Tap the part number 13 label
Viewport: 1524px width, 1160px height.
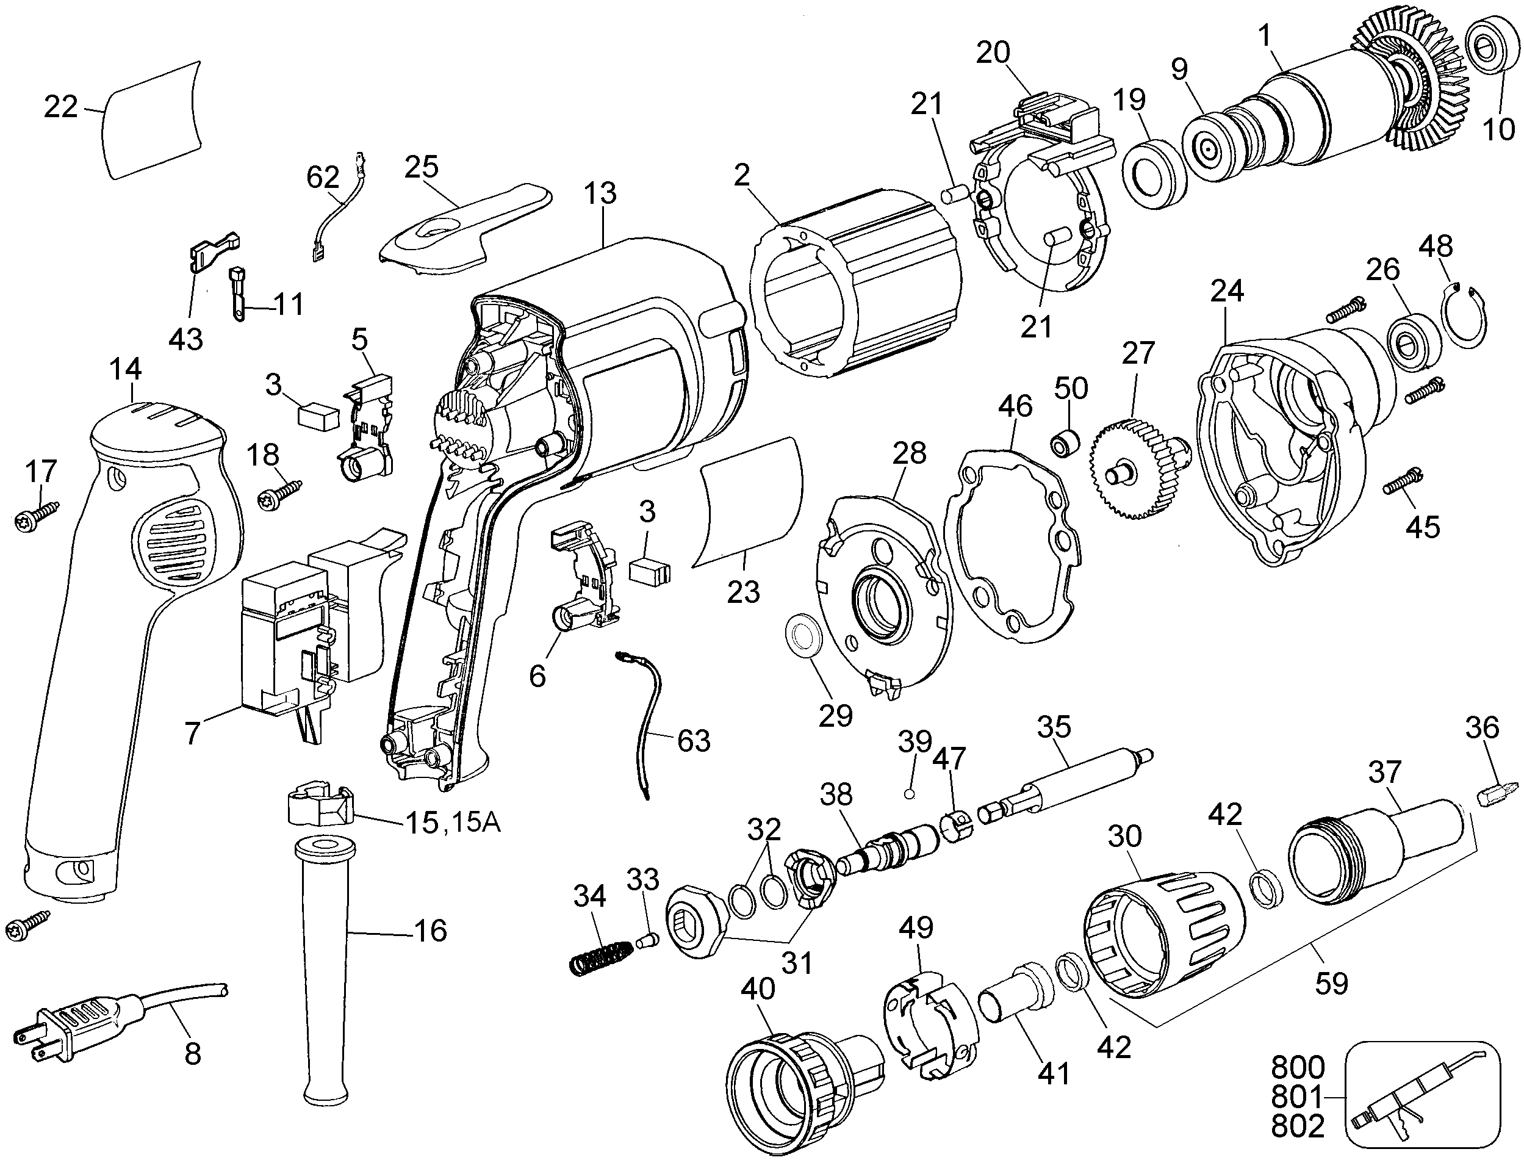tap(600, 193)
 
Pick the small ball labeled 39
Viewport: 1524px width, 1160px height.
tap(910, 794)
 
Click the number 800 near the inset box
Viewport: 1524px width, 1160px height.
tap(1298, 1067)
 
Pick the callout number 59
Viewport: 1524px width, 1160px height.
tap(1331, 982)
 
